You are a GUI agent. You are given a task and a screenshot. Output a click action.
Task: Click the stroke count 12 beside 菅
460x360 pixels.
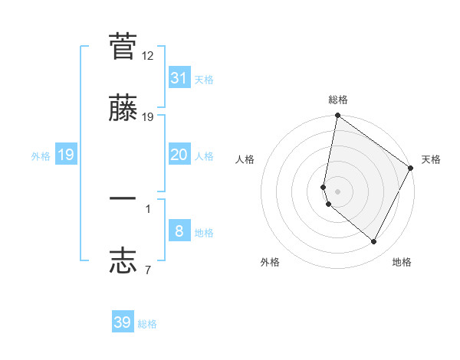coord(148,56)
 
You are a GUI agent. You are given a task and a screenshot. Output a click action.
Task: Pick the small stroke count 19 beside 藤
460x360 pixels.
coord(148,117)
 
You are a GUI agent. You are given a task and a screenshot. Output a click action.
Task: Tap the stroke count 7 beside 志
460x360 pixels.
coord(148,270)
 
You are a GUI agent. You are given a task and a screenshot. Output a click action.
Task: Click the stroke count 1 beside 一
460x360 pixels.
coord(148,208)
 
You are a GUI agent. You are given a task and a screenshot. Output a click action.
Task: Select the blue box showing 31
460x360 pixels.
coord(179,77)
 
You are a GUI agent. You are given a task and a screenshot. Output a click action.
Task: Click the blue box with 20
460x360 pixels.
coord(179,155)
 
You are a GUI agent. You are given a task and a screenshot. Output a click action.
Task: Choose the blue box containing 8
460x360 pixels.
coord(179,231)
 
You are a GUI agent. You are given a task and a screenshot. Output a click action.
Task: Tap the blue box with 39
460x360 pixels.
coord(123,322)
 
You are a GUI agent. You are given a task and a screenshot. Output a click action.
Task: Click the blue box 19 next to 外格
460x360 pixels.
coord(66,155)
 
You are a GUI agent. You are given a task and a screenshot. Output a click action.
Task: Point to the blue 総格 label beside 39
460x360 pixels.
coord(147,324)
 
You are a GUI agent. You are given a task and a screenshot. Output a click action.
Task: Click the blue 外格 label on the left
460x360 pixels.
coord(41,155)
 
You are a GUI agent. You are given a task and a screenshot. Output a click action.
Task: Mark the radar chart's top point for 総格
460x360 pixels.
coord(337,116)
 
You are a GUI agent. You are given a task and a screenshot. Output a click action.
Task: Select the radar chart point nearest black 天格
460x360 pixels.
coord(411,169)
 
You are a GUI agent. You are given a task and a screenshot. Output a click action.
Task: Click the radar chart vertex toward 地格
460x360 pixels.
coord(374,242)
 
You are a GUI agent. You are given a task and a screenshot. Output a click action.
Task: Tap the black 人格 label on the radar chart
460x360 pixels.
coord(245,159)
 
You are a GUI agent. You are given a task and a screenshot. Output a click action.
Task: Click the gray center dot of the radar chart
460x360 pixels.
coord(337,191)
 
